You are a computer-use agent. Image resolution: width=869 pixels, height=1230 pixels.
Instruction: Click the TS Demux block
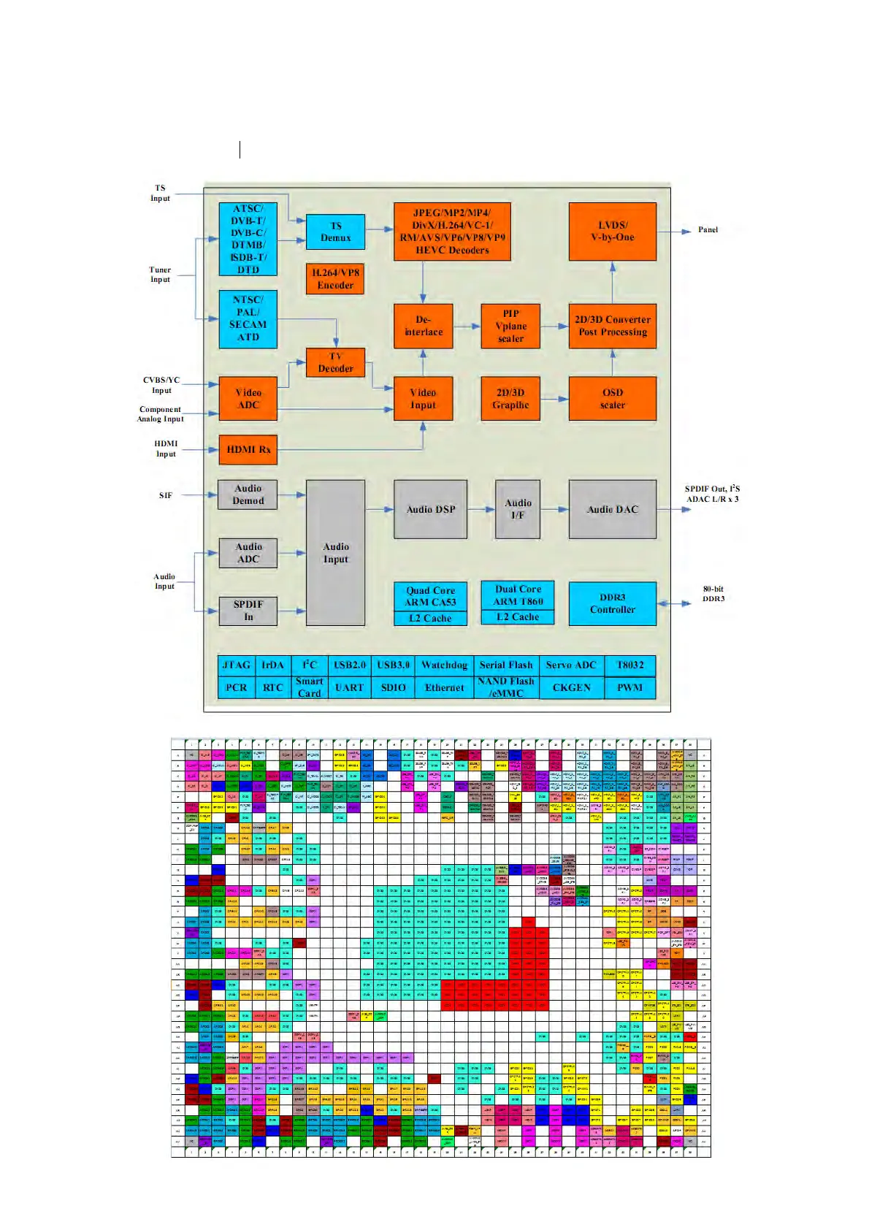click(335, 232)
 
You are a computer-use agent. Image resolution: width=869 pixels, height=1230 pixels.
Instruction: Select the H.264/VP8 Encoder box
click(335, 279)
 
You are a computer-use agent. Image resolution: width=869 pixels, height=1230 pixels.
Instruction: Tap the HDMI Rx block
click(248, 449)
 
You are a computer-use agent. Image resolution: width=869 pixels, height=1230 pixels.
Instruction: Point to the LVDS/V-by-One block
click(612, 232)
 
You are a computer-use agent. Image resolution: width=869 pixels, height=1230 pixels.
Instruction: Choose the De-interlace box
click(424, 326)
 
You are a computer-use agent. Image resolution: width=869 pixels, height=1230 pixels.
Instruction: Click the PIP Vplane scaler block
click(510, 326)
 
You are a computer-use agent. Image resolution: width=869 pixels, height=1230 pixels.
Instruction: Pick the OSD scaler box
click(612, 399)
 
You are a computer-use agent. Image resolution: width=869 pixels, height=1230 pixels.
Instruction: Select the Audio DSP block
click(430, 509)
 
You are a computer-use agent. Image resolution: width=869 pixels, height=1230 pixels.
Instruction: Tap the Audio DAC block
click(612, 509)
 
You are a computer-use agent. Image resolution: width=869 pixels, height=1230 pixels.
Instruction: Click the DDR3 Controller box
click(612, 603)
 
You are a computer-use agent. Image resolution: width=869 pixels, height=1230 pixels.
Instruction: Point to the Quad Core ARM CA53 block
click(430, 596)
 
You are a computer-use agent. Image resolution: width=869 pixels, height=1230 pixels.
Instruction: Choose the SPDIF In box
click(248, 611)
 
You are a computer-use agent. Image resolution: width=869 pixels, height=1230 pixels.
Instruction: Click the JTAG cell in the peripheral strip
click(237, 665)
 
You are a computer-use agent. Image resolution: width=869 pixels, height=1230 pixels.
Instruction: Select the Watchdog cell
click(444, 665)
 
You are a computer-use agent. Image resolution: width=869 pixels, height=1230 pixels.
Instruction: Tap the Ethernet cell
click(444, 687)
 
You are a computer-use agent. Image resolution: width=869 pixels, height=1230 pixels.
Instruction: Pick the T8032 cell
click(630, 665)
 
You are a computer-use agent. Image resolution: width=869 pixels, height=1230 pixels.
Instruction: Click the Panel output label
click(708, 230)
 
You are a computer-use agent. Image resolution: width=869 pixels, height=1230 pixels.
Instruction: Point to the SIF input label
click(166, 495)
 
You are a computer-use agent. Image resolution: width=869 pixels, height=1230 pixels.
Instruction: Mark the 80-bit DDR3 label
click(713, 594)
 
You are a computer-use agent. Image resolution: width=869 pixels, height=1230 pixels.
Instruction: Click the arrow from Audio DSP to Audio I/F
click(481, 509)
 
